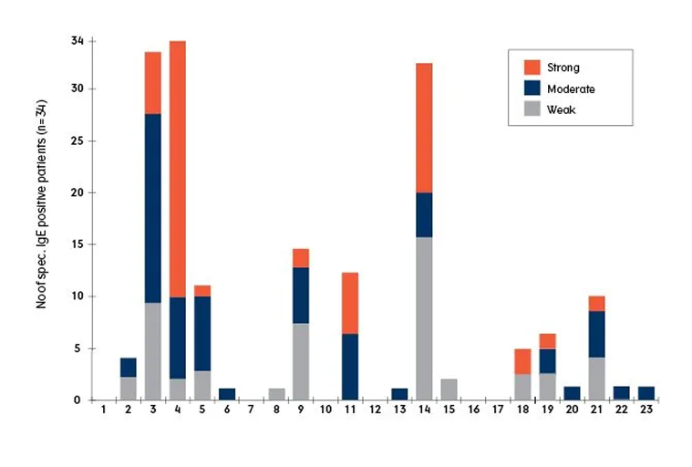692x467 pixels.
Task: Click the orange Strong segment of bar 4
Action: click(x=178, y=169)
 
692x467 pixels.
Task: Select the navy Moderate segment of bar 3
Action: click(x=152, y=208)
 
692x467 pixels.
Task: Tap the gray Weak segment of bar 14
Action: click(x=424, y=318)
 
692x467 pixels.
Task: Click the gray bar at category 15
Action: click(x=449, y=389)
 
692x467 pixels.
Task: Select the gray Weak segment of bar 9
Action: click(x=300, y=361)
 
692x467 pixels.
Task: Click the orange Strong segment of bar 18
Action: click(x=523, y=361)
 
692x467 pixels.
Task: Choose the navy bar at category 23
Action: click(x=646, y=393)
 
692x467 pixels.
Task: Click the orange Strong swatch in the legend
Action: click(x=532, y=67)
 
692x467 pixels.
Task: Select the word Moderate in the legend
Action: click(x=571, y=88)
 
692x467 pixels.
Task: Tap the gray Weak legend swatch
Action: click(x=532, y=109)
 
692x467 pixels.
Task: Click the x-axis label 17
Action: click(x=498, y=410)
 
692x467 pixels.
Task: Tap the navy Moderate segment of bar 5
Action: click(x=201, y=333)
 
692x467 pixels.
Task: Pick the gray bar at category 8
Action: click(x=276, y=394)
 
